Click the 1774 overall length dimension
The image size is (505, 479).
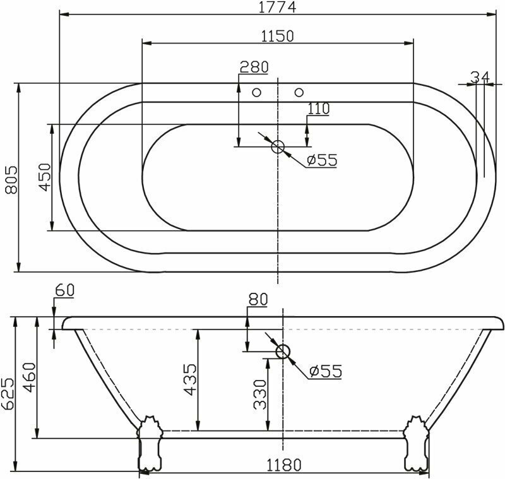click(x=277, y=7)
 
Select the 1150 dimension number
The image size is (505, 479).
click(x=277, y=36)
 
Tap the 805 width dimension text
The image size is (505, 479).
click(x=11, y=180)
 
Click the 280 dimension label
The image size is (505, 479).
click(x=254, y=67)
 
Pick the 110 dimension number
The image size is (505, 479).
click(x=319, y=109)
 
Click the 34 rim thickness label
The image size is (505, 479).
click(x=480, y=77)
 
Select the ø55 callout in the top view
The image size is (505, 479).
click(x=322, y=160)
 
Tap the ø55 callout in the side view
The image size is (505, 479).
click(x=325, y=371)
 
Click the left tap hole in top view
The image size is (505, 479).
click(x=256, y=93)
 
